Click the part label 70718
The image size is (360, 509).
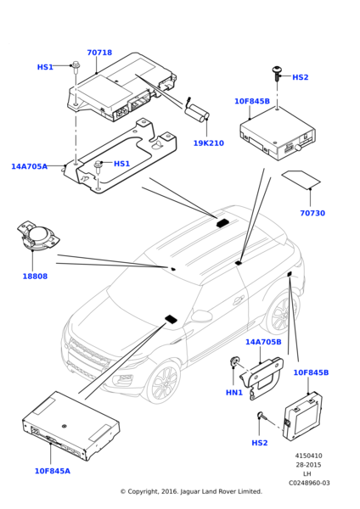tap(99, 53)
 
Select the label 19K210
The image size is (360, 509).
tap(209, 143)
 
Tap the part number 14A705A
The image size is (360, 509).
tap(29, 166)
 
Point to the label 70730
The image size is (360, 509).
tap(312, 213)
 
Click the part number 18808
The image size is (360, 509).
tap(35, 277)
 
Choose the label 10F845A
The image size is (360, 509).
tap(53, 471)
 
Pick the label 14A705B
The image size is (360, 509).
tap(263, 342)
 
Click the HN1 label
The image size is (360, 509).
tap(234, 393)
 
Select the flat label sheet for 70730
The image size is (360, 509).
tap(301, 180)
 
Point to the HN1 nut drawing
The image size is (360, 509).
tap(234, 361)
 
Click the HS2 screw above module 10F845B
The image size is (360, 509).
tap(277, 74)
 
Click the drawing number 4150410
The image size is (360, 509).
tap(309, 456)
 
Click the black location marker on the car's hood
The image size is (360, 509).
tap(171, 319)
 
